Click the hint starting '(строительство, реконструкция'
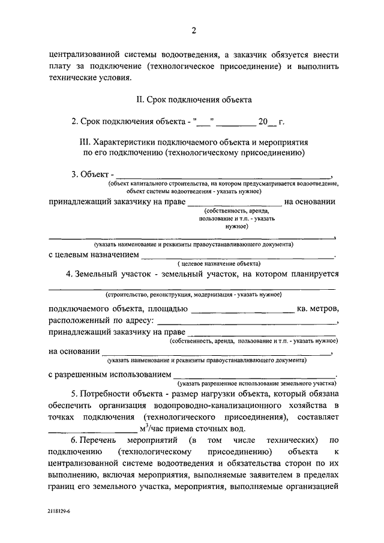tap(193, 295)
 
